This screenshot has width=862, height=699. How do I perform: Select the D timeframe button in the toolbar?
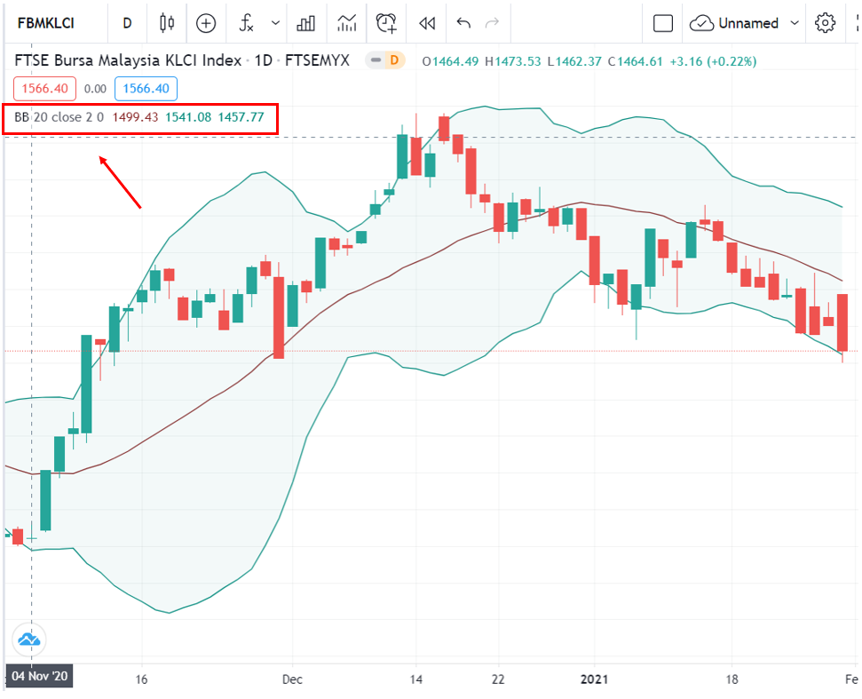(x=128, y=23)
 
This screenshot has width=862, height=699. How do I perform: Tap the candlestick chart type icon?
(x=167, y=23)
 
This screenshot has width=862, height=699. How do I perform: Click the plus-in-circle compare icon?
(x=206, y=23)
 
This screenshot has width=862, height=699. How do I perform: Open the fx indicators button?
(x=248, y=23)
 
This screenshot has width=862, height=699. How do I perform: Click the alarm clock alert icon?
(x=386, y=23)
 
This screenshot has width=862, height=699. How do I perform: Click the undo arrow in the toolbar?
(x=463, y=23)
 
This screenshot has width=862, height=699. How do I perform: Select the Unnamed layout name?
(x=747, y=23)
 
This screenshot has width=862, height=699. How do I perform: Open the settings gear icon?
(x=826, y=23)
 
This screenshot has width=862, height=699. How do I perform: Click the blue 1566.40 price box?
(x=146, y=89)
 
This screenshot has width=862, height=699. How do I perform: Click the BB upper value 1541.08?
(x=188, y=117)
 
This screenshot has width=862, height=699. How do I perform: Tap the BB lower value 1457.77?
(x=241, y=117)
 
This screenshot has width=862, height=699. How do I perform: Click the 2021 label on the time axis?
(x=596, y=679)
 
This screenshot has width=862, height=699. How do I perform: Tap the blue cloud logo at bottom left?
(x=28, y=639)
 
